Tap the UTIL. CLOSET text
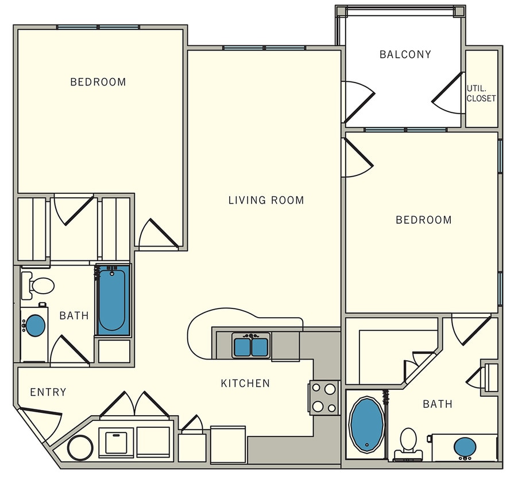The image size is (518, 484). coord(481,93)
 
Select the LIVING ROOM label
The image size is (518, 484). coord(266,200)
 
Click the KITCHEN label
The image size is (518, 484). coord(245,383)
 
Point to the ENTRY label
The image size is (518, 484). coord(48,392)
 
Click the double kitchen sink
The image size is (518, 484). coord(251,346)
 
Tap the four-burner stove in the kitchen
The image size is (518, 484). coord(323,397)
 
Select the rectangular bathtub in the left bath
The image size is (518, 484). coord(113,300)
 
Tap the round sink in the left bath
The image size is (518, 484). coord(36,326)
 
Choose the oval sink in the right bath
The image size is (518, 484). coord(464,446)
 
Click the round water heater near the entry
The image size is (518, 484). coord(80,447)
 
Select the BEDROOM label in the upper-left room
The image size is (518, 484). coord(98,82)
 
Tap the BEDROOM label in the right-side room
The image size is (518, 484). coord(423,220)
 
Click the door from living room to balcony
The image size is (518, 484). coord(357,101)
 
